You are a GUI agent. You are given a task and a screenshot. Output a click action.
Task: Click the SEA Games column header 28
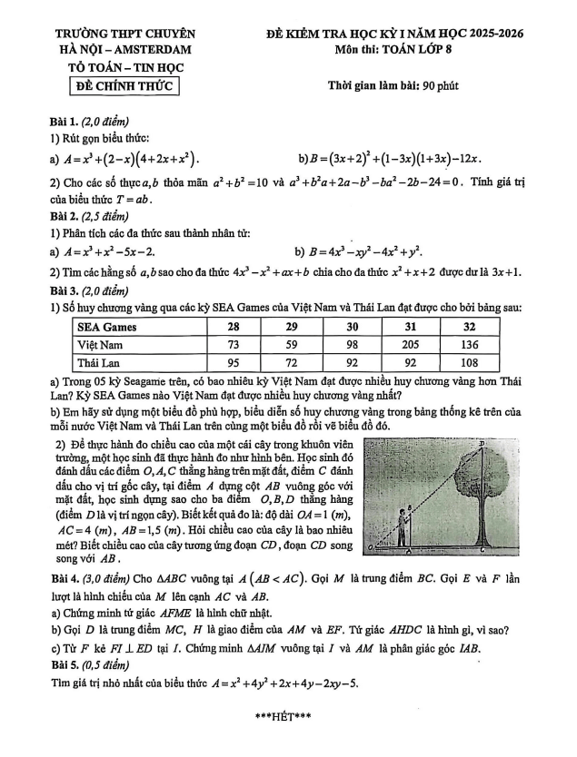233,327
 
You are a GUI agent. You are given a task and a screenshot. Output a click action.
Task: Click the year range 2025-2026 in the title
491,34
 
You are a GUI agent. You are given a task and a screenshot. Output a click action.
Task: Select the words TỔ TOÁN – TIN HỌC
124,67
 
